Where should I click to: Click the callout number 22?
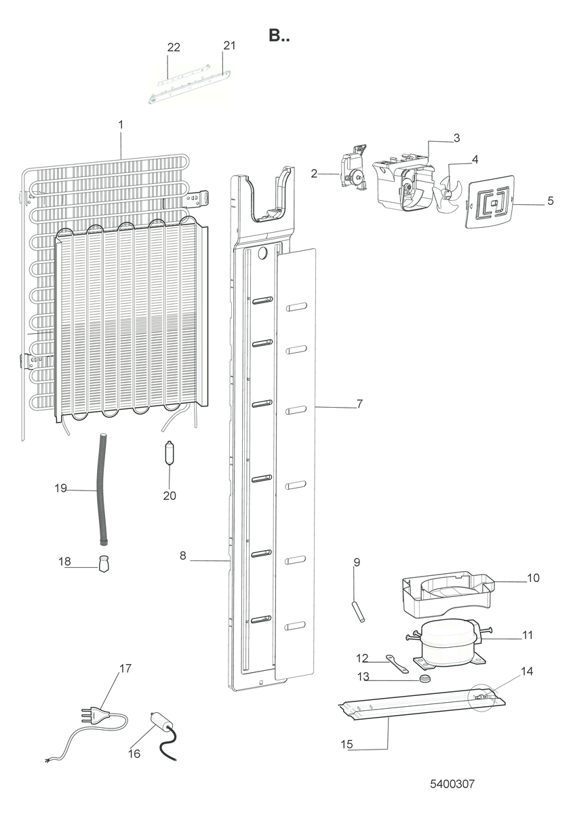[174, 47]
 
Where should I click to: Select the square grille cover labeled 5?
[490, 201]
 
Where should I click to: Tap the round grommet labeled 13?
[424, 678]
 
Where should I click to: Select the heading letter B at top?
[275, 35]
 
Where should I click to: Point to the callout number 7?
[359, 404]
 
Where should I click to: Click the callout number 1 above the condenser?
[121, 125]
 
